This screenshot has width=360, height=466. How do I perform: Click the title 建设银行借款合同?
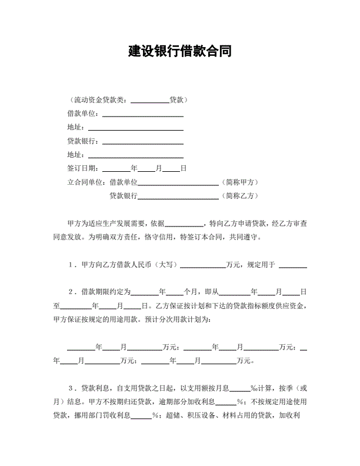[x=179, y=51]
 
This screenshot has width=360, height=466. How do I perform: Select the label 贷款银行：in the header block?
[x=85, y=141]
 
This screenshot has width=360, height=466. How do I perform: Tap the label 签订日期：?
[x=85, y=168]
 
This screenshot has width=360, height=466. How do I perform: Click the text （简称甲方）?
[x=240, y=182]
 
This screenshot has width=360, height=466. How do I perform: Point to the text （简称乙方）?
[x=240, y=196]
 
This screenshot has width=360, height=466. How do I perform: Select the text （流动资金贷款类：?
[x=99, y=99]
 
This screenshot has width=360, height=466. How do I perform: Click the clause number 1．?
[x=72, y=265]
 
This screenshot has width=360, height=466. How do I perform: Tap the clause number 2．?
[x=72, y=292]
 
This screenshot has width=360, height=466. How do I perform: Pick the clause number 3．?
[x=72, y=388]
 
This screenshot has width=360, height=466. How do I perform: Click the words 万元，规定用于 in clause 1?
[x=251, y=265]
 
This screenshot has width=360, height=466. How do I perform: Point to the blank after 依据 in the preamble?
[x=184, y=224]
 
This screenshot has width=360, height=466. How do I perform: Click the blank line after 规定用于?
[x=293, y=265]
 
